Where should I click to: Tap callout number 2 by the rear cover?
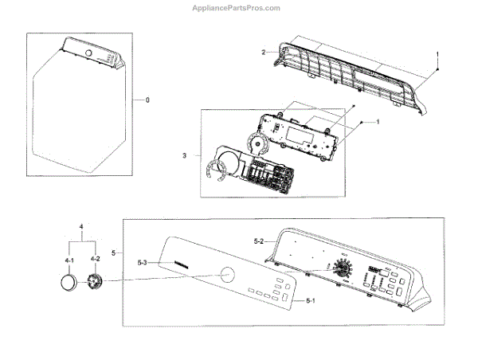pos(264,52)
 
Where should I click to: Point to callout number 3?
pos(185,155)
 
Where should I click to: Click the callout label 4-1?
pos(70,259)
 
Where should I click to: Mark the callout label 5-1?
pos(311,301)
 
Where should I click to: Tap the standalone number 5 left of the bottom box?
pos(114,252)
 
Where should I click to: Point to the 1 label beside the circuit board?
pos(377,121)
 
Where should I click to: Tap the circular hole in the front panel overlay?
pos(227,276)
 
